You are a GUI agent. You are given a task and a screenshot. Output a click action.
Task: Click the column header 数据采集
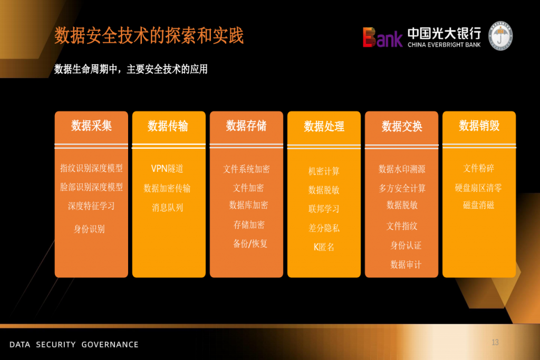[x=91, y=126]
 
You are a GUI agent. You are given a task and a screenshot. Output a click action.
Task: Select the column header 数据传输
[x=168, y=127]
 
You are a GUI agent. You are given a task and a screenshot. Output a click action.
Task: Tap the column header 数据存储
[x=246, y=126]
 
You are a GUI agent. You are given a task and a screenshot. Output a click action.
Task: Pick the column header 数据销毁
[x=479, y=126]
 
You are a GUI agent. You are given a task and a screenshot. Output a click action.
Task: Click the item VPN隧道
[x=167, y=169]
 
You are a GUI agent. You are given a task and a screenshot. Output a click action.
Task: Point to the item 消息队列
[x=167, y=208]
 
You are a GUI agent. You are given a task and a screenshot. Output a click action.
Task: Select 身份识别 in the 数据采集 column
[x=89, y=229]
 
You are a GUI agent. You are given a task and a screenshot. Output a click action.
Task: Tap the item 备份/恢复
[x=250, y=244]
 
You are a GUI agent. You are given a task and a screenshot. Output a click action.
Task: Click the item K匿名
[x=324, y=247]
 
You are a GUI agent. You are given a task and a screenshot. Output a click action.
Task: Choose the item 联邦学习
[x=324, y=209]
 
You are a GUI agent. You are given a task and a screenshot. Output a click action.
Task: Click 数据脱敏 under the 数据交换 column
[x=402, y=205]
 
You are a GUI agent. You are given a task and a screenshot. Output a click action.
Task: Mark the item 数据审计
[x=406, y=265]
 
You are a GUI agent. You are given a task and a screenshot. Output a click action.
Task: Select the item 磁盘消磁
[x=479, y=205]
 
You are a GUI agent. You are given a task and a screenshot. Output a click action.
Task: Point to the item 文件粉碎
[x=479, y=168]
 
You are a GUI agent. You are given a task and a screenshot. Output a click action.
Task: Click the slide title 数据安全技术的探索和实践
[x=149, y=35]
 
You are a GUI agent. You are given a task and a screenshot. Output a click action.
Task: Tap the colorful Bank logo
[x=382, y=37]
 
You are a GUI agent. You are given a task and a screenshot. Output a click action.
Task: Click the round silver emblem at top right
[x=500, y=36]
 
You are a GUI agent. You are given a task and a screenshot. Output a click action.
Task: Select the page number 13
[x=495, y=343]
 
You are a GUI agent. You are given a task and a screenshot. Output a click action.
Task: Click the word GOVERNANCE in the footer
[x=110, y=345]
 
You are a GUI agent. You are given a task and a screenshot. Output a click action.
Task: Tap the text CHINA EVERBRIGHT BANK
[x=444, y=45]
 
